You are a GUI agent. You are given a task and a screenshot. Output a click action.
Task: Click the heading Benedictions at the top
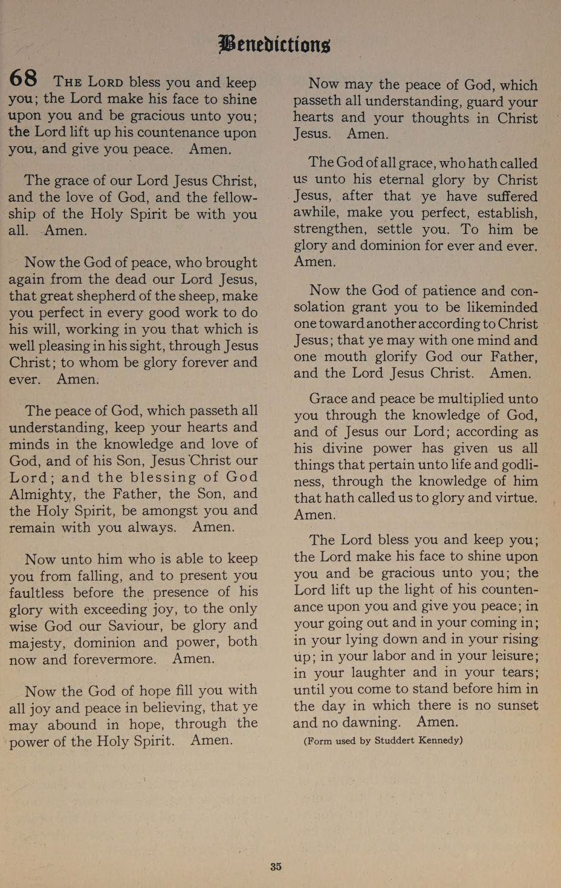pyautogui.click(x=274, y=43)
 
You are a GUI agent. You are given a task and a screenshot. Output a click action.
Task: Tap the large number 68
pyautogui.click(x=24, y=79)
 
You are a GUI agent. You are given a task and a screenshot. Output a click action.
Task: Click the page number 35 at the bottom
pyautogui.click(x=276, y=866)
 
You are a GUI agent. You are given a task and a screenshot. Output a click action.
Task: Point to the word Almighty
pyautogui.click(x=42, y=494)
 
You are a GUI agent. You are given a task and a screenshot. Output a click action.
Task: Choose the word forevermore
pyautogui.click(x=114, y=659)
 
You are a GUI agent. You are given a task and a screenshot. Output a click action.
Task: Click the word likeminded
pyautogui.click(x=495, y=307)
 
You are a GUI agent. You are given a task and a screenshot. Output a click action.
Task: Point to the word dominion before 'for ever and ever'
pyautogui.click(x=392, y=246)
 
